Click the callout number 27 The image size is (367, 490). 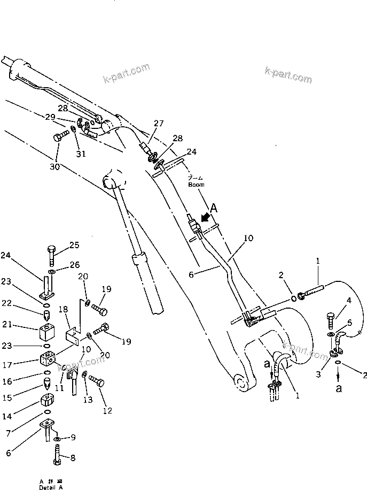159,123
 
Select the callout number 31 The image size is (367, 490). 81,155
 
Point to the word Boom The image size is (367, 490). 196,185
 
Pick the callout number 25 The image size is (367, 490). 74,245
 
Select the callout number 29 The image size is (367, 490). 50,117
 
